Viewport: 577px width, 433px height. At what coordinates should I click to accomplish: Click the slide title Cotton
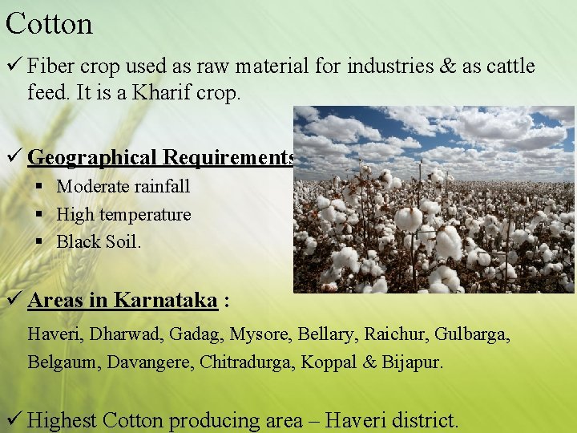(x=49, y=23)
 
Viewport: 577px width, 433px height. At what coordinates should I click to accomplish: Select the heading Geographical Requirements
(x=160, y=156)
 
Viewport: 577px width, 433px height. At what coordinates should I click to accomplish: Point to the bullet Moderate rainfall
(x=123, y=187)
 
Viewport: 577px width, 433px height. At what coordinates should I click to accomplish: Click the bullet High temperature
(x=123, y=214)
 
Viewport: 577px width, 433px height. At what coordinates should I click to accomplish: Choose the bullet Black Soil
(x=99, y=241)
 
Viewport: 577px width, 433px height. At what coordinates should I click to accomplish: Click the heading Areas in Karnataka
(x=123, y=301)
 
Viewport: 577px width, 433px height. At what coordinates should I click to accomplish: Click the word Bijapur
(x=412, y=362)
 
